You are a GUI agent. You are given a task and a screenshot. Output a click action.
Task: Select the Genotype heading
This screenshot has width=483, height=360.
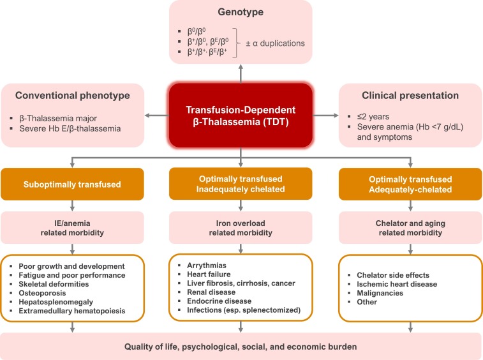[x=241, y=13]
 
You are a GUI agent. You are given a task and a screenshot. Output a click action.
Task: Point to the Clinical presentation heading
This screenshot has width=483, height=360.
[x=410, y=96]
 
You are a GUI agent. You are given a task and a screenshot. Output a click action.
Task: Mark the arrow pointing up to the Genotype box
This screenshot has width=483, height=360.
[x=241, y=71]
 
